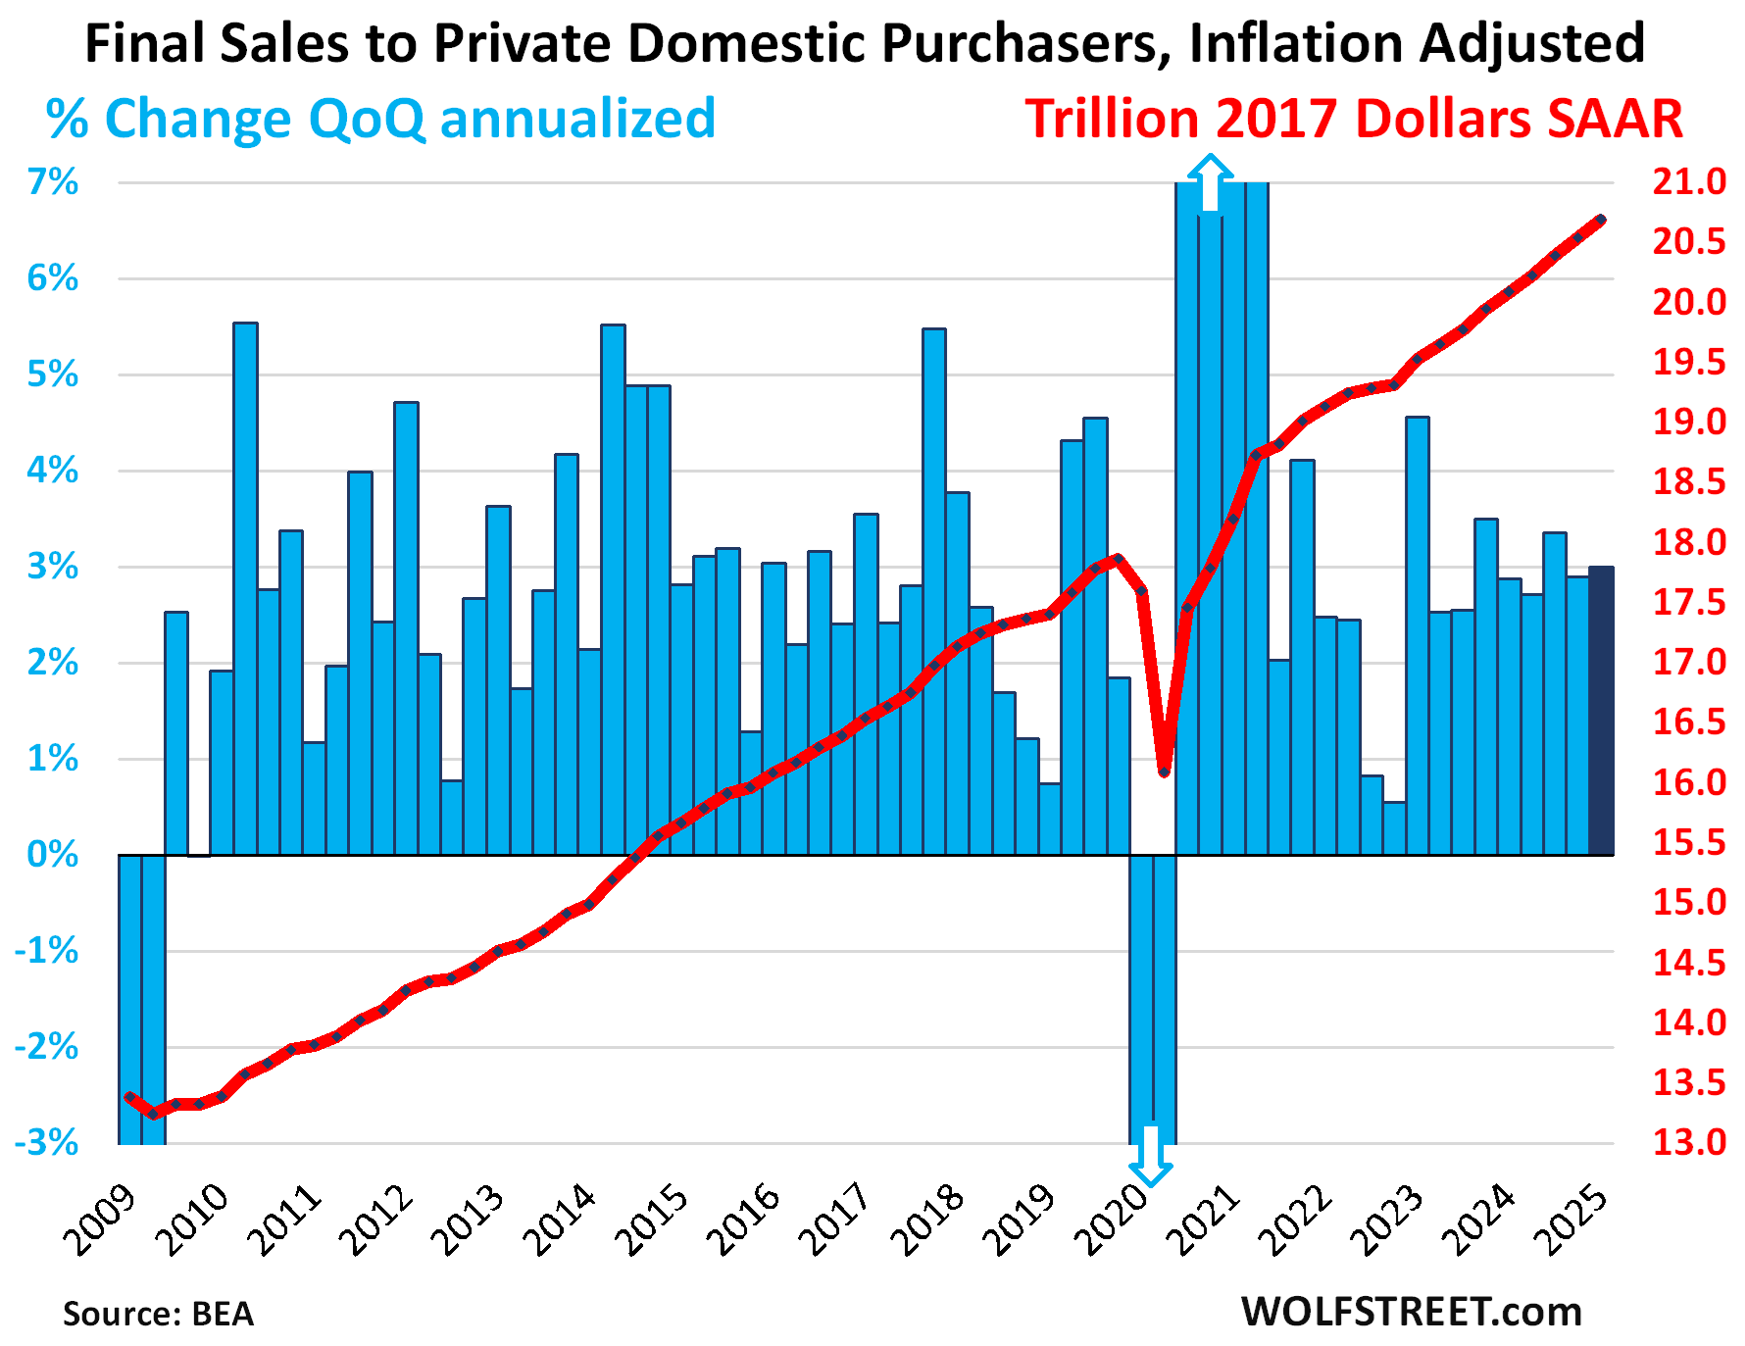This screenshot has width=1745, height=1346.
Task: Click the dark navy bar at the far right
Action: (x=1601, y=711)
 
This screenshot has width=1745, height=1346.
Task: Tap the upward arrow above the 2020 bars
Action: (x=1211, y=182)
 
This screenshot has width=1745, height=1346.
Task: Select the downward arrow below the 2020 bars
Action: (x=1150, y=1156)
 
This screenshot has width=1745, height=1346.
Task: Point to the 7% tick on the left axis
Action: (x=53, y=182)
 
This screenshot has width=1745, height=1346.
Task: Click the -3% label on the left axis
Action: (x=47, y=1142)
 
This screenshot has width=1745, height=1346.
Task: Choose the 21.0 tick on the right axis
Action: (x=1689, y=182)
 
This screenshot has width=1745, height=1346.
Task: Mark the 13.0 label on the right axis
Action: (x=1689, y=1142)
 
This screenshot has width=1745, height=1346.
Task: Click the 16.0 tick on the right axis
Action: (x=1689, y=782)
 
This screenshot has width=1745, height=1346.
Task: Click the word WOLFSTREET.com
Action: (x=1412, y=1312)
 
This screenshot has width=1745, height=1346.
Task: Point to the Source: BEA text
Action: (x=159, y=1314)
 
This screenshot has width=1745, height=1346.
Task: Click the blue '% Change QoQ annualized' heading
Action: (x=380, y=119)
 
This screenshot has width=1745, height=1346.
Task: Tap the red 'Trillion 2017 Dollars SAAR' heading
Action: (x=1354, y=119)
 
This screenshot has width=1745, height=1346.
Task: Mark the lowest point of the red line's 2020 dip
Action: (x=1165, y=773)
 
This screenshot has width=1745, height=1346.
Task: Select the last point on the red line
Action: (x=1601, y=220)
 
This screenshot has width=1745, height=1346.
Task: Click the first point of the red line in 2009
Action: (x=129, y=1097)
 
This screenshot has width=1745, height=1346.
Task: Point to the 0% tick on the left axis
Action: (x=53, y=855)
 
